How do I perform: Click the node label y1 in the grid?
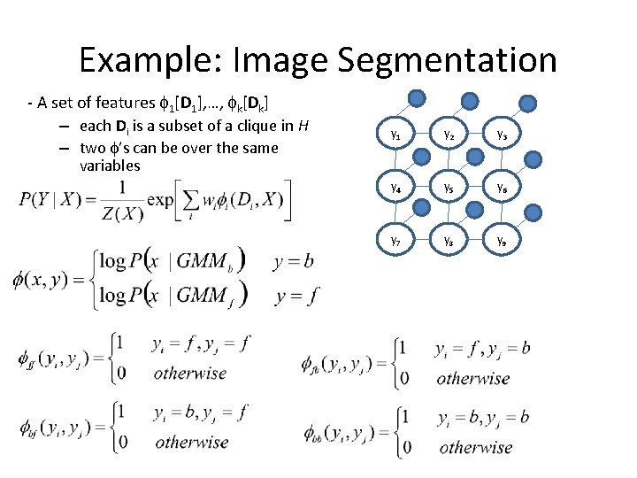(x=395, y=135)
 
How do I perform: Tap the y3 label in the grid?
(x=501, y=135)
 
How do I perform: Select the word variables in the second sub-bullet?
(x=110, y=166)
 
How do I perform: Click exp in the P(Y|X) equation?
(x=160, y=198)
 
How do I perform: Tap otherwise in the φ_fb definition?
(x=473, y=378)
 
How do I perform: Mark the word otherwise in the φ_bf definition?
(x=191, y=441)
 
